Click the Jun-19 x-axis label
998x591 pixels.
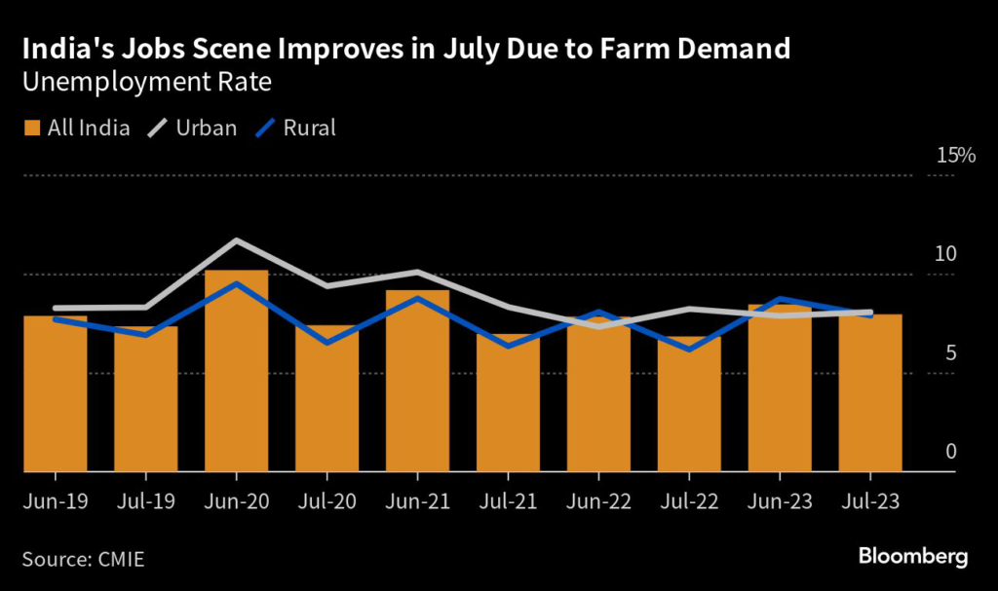click(x=55, y=503)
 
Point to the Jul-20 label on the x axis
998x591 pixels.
click(x=326, y=503)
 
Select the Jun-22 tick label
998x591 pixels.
click(x=598, y=503)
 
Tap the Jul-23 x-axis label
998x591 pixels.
click(x=870, y=503)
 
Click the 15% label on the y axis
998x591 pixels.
click(x=955, y=156)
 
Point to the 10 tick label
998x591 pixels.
click(x=946, y=254)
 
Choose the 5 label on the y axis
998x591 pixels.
click(x=950, y=353)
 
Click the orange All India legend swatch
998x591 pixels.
click(x=31, y=128)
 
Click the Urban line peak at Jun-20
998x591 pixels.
click(x=236, y=240)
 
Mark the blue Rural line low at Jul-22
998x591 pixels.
click(x=689, y=349)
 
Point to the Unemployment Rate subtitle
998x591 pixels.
click(x=146, y=83)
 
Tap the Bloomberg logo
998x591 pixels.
click(x=912, y=557)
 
